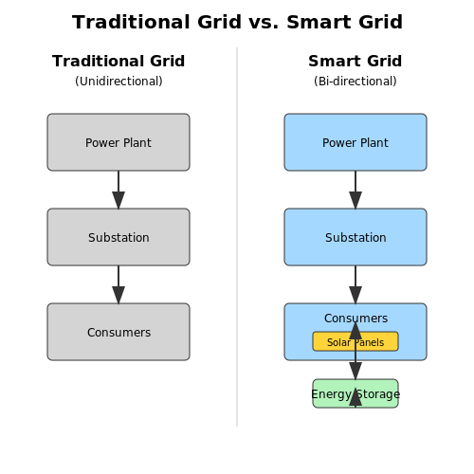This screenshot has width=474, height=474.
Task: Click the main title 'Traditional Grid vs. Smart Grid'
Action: tap(237, 22)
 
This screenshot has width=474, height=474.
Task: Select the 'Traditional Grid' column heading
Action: tap(118, 61)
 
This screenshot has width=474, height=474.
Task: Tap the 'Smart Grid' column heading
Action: tap(355, 61)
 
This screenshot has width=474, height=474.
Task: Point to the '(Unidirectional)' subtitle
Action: tap(118, 82)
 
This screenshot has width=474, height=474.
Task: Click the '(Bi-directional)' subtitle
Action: tap(355, 82)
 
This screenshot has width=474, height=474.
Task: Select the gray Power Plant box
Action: tap(118, 142)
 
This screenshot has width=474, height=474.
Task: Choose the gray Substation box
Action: tap(118, 237)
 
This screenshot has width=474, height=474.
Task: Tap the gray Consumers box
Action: tap(118, 332)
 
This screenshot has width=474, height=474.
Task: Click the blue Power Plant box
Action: tap(355, 142)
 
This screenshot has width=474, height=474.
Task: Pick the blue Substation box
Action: tap(355, 237)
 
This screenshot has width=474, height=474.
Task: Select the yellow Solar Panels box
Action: tap(355, 341)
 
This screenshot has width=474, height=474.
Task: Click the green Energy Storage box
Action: tap(355, 393)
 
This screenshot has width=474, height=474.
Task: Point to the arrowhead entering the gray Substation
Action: tap(118, 200)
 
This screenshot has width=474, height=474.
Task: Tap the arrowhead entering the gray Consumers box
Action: tap(118, 295)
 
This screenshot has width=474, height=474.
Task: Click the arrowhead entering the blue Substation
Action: tap(355, 200)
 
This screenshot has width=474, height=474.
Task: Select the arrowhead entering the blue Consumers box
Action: tap(355, 295)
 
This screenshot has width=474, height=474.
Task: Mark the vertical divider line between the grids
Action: tap(237, 237)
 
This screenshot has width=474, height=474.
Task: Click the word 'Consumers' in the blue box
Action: tap(355, 319)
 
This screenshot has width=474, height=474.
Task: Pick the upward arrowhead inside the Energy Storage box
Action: tap(355, 397)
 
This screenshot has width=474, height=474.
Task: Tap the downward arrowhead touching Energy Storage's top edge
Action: tap(355, 371)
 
